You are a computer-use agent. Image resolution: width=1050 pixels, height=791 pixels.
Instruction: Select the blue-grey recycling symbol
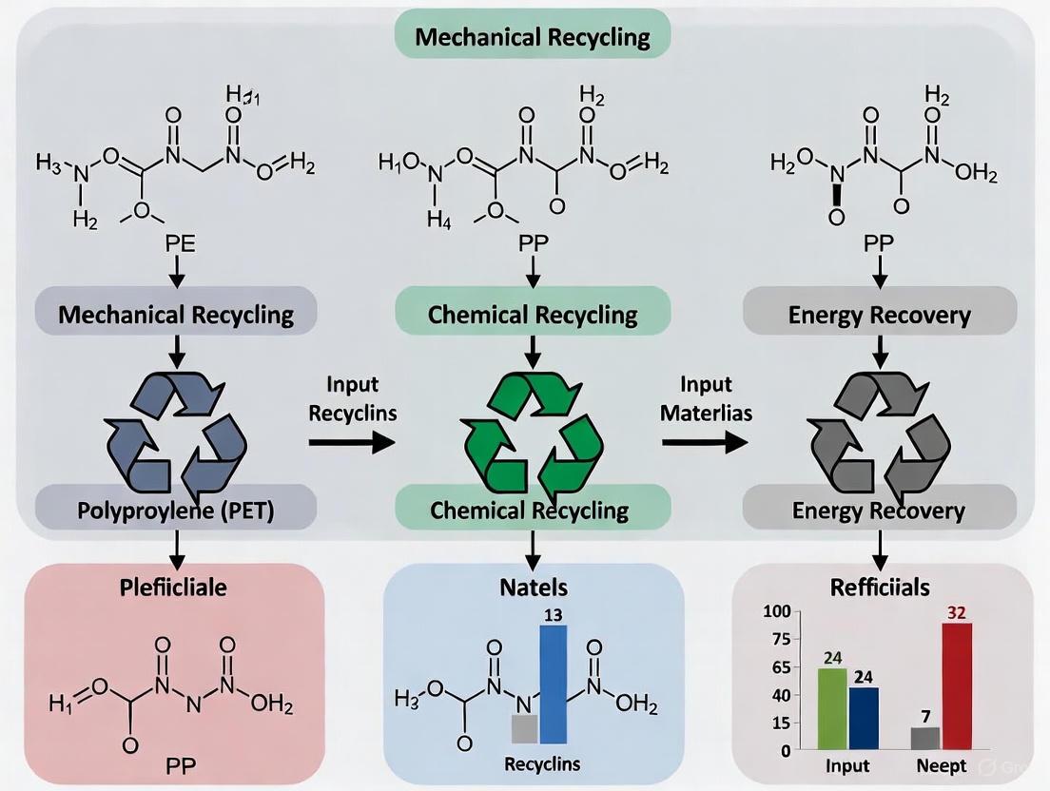pyautogui.click(x=177, y=431)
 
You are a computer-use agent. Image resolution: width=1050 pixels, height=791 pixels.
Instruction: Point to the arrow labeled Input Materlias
pyautogui.click(x=704, y=441)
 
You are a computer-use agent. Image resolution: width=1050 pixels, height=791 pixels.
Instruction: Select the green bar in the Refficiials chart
pyautogui.click(x=831, y=708)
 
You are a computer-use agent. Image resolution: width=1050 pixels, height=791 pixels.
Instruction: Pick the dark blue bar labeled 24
pyautogui.click(x=864, y=718)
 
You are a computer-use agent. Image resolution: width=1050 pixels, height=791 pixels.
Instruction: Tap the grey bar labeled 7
pyautogui.click(x=924, y=738)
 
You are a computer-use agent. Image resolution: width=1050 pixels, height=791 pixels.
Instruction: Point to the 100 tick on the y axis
pyautogui.click(x=777, y=610)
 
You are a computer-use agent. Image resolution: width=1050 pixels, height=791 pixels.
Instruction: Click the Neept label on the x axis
pyautogui.click(x=942, y=765)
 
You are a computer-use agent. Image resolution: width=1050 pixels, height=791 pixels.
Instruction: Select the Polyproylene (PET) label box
pyautogui.click(x=176, y=511)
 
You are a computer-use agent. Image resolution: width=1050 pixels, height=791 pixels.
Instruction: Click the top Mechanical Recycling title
pyautogui.click(x=533, y=38)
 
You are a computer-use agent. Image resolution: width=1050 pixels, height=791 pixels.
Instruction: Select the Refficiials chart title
pyautogui.click(x=881, y=587)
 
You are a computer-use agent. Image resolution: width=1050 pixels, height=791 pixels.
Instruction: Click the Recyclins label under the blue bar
pyautogui.click(x=541, y=763)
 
